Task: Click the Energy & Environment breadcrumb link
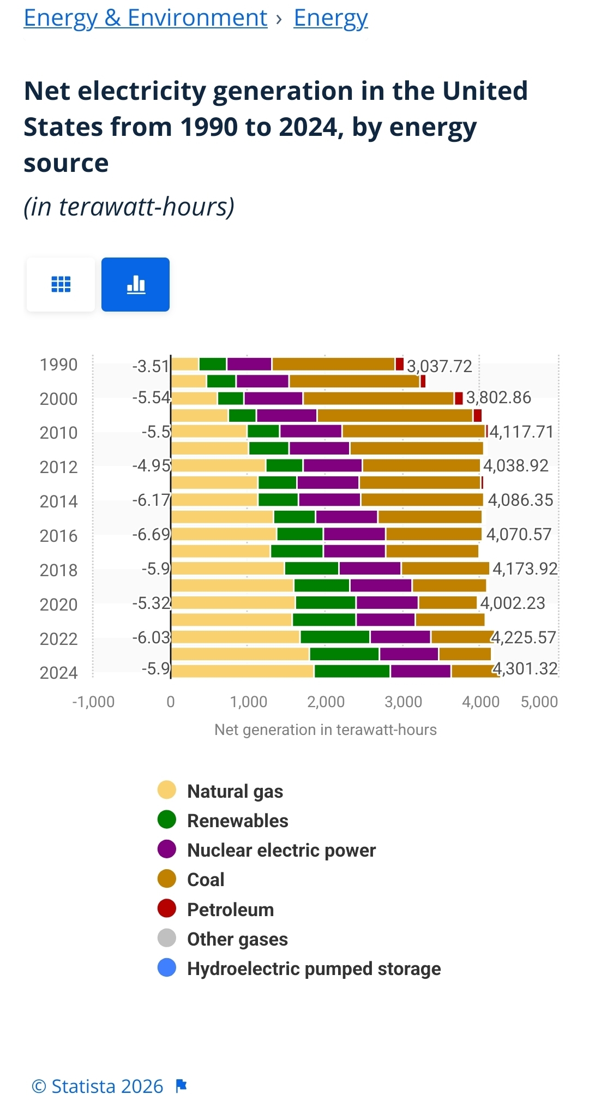(146, 18)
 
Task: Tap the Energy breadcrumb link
(330, 18)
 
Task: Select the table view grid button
(61, 284)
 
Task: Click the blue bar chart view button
(135, 284)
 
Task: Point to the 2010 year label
(58, 433)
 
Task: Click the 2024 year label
(58, 672)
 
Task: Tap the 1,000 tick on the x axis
(249, 702)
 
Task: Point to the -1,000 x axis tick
(93, 702)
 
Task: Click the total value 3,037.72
(440, 366)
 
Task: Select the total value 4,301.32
(526, 668)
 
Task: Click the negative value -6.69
(152, 534)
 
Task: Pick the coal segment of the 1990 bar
(333, 364)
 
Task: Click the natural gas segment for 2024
(242, 671)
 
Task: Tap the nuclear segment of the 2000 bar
(273, 398)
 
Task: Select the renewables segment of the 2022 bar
(335, 637)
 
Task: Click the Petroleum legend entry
(230, 910)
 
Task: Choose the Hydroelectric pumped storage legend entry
(313, 969)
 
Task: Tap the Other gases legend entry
(237, 939)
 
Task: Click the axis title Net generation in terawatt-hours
(326, 730)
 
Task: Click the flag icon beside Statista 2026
(182, 1086)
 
